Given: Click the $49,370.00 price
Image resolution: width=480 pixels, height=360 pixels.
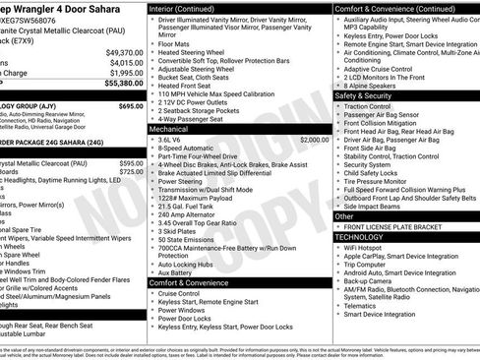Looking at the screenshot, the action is [124, 52].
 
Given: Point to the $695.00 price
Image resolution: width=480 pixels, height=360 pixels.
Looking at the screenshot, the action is [131, 105].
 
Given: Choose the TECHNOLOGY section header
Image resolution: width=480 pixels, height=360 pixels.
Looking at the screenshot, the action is [361, 237].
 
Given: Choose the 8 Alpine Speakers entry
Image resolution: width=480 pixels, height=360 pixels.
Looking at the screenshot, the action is [375, 86].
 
